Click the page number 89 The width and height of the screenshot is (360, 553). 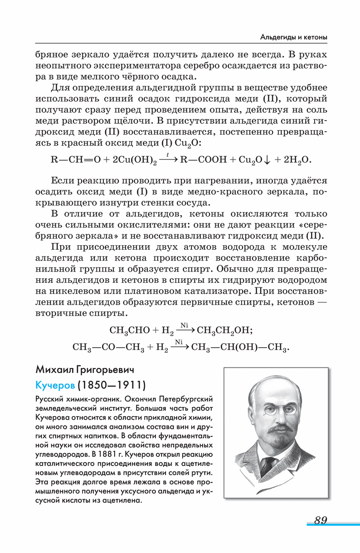[x=320, y=520]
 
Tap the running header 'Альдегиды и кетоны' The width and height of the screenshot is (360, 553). [x=294, y=36]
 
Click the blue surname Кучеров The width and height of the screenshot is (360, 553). [x=54, y=386]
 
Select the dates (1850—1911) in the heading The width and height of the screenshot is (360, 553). [x=112, y=386]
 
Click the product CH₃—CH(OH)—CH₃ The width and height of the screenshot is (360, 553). [x=240, y=348]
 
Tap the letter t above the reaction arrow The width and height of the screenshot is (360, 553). [x=168, y=155]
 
